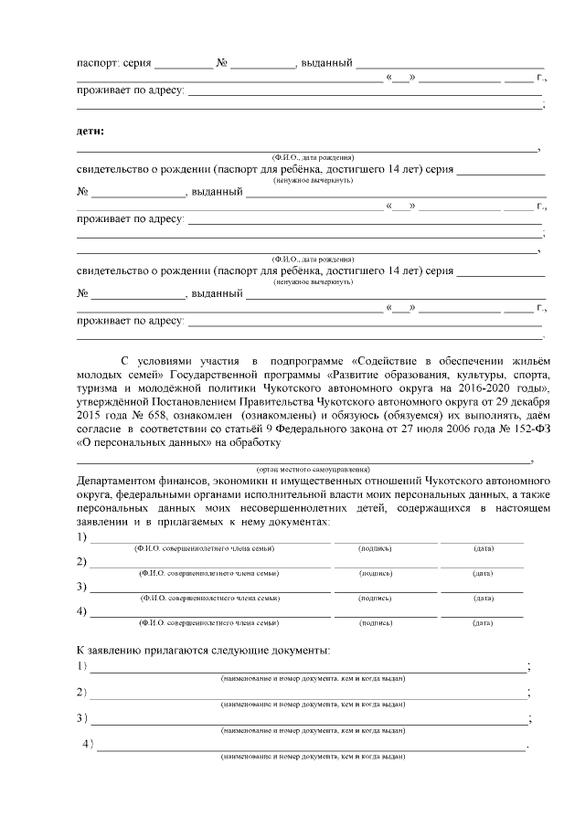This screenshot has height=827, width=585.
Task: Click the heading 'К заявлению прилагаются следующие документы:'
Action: point(203,650)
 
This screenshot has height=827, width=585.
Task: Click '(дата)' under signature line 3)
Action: point(484,598)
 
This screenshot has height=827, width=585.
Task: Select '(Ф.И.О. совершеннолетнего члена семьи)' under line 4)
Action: point(208,622)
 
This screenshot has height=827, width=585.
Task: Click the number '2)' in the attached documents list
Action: point(82,692)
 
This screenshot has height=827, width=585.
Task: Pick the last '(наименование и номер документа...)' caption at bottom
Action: point(313,757)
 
